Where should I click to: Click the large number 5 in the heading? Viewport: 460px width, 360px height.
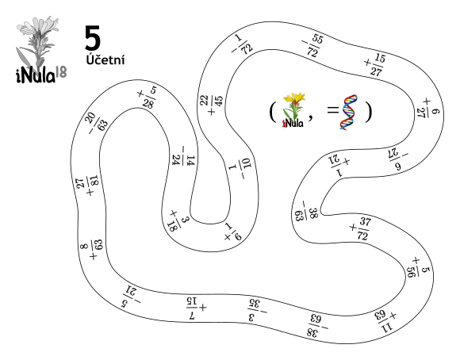click(93, 37)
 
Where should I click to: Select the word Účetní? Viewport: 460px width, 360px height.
click(105, 59)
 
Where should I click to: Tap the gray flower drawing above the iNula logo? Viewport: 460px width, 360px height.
click(37, 43)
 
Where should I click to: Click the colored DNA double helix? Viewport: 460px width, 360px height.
click(349, 112)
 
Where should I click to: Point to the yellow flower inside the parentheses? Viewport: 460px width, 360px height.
click(293, 110)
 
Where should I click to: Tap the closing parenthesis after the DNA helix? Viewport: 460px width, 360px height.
click(368, 112)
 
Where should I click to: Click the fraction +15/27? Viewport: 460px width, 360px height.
click(375, 64)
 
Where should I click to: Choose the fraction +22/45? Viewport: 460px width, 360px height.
click(211, 105)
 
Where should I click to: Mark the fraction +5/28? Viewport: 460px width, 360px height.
click(148, 98)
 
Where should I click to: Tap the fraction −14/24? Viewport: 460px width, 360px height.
click(184, 155)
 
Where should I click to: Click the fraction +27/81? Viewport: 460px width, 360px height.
click(87, 186)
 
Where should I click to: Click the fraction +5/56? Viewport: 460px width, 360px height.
click(418, 267)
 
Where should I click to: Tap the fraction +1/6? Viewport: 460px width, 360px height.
click(233, 232)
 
